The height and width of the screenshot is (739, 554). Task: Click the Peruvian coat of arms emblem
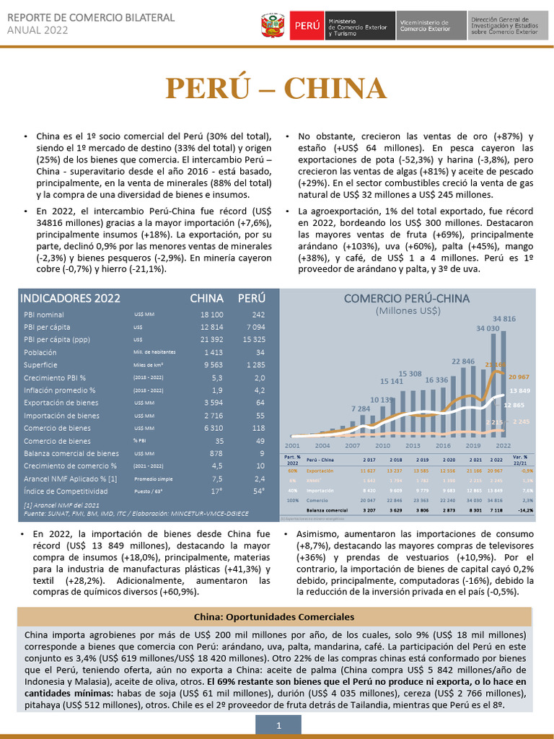[273, 25]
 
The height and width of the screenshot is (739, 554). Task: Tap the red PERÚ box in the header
[307, 25]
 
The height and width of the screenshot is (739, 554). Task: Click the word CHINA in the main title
[335, 89]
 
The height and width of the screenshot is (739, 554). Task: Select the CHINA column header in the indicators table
[206, 298]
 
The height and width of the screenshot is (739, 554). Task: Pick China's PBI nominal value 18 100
[212, 315]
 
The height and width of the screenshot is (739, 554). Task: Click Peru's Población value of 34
[260, 352]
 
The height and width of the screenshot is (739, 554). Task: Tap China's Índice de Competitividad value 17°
[216, 491]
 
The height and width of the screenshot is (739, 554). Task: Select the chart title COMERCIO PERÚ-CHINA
[407, 298]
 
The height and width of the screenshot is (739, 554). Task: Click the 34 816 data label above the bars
[504, 318]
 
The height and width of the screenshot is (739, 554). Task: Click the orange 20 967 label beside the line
[519, 377]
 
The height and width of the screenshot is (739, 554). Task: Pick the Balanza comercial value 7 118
[496, 510]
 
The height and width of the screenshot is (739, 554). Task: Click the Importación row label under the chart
[320, 489]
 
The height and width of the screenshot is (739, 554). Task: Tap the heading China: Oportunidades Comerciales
[274, 617]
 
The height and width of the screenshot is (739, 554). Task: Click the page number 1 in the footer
[278, 726]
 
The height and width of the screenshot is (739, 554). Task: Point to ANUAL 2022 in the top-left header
[38, 30]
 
